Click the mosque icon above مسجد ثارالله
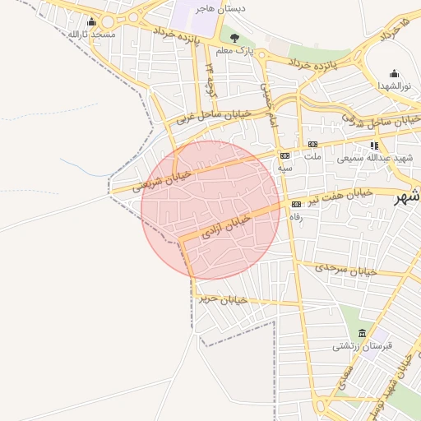pos(90,22)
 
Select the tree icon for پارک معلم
pos(235,37)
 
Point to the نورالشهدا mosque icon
pos(394,73)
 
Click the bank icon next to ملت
pos(312,145)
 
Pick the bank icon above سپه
pos(285,155)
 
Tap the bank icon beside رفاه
pos(296,204)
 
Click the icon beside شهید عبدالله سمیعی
pos(375,146)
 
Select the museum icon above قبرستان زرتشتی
pos(362,333)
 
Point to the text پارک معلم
pos(235,52)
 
